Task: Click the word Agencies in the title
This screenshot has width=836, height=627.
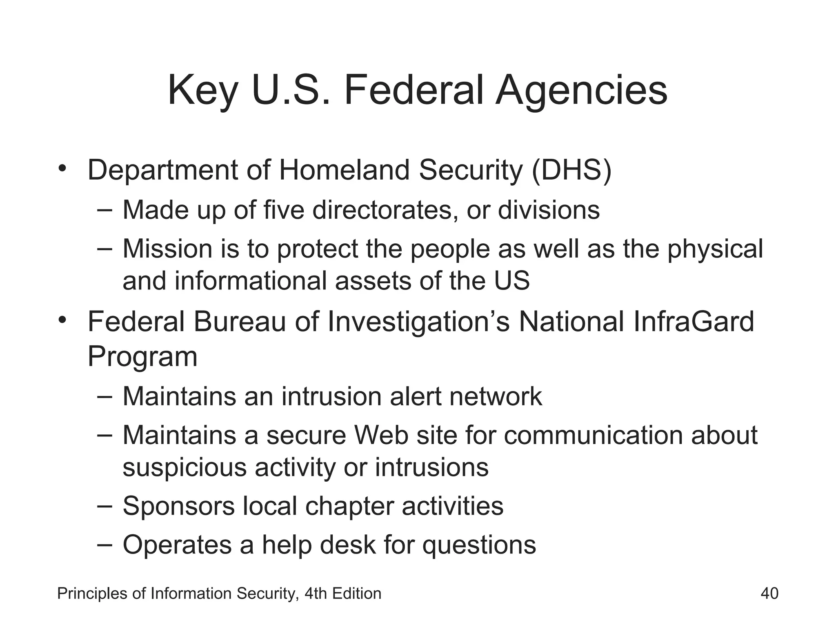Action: tap(581, 91)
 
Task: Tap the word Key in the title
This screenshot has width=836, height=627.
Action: tap(202, 91)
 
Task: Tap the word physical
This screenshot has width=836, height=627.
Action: tap(715, 249)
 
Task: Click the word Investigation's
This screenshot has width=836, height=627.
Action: tap(419, 322)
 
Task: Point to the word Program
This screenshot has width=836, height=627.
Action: tap(142, 356)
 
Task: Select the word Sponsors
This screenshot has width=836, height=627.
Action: tap(179, 506)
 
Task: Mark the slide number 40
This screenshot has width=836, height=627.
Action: tap(769, 593)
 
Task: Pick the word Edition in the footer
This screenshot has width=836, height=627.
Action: tap(357, 593)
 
